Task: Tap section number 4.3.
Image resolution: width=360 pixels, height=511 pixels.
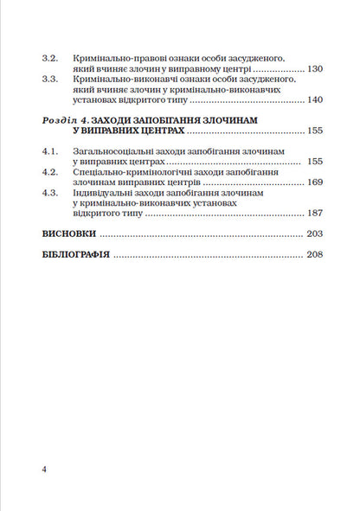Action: tap(49, 195)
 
